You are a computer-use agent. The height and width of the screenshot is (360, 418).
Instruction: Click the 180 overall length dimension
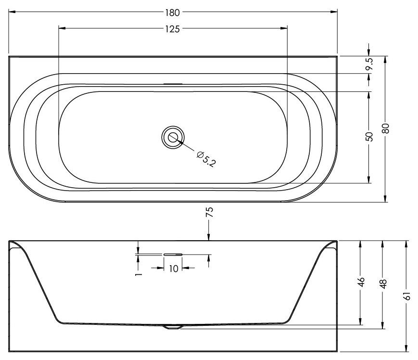coord(173,13)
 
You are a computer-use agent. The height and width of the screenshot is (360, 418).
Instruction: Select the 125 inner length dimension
coord(173,29)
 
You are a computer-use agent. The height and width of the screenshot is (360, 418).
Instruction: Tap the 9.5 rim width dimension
coord(369,64)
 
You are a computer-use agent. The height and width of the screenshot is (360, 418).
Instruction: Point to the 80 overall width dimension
coord(385,129)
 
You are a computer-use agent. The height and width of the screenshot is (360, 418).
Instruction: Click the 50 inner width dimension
coord(369,137)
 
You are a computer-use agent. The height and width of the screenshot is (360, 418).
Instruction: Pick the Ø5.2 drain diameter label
coord(205,159)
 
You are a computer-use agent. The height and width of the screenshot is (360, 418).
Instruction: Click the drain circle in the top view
coord(173,137)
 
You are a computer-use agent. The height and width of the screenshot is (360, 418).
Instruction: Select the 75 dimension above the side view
coord(210,212)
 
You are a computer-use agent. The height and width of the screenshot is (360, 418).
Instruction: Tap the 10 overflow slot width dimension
coord(174,269)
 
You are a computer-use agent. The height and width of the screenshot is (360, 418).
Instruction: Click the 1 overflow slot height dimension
coord(138,274)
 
